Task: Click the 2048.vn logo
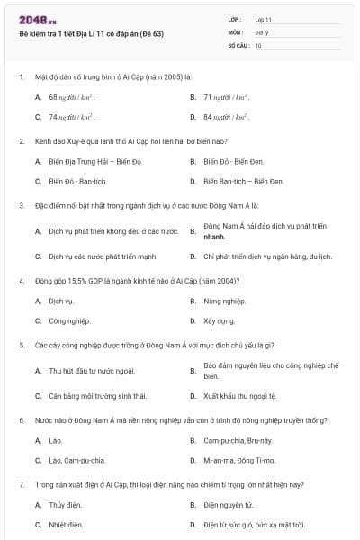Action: pos(37,20)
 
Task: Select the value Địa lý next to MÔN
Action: pos(261,31)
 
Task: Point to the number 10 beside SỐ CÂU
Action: pos(258,44)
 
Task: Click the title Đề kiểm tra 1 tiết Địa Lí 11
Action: pos(91,33)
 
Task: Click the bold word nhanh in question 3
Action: pos(214,236)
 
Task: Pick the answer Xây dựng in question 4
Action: pos(219,320)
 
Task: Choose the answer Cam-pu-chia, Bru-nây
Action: pos(238,441)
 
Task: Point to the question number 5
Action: pos(21,345)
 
